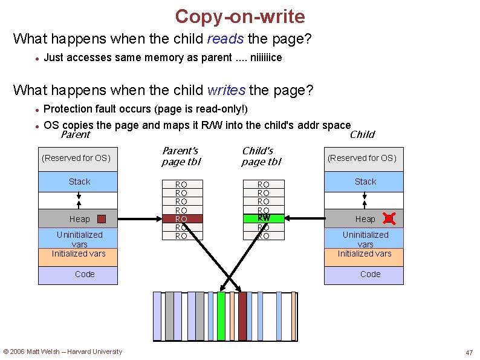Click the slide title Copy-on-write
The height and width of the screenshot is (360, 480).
click(x=240, y=16)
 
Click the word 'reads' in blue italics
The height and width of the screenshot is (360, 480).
click(x=225, y=39)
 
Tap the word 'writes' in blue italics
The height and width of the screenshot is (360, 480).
click(x=226, y=91)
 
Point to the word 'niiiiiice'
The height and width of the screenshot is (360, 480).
click(x=262, y=58)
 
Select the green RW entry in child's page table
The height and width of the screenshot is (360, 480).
click(x=263, y=218)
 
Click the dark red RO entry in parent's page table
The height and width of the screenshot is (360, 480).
click(x=181, y=218)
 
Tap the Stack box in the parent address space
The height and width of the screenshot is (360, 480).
click(x=79, y=182)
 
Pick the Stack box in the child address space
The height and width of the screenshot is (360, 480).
click(x=365, y=182)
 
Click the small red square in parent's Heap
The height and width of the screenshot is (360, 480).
click(x=102, y=219)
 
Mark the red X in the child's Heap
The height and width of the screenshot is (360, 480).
click(x=389, y=219)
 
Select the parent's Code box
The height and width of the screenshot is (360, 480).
click(x=79, y=275)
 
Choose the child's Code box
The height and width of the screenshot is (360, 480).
click(x=365, y=275)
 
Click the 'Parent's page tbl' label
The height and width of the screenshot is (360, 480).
click(x=181, y=156)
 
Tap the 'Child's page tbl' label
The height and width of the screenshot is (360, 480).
click(x=261, y=156)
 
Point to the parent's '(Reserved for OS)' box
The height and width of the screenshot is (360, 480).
click(x=76, y=159)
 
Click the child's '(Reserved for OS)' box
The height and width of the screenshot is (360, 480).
click(x=362, y=159)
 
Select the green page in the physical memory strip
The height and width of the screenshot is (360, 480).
click(x=221, y=316)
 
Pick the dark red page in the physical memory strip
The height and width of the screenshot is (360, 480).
click(x=242, y=316)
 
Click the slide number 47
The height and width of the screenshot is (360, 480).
click(x=469, y=353)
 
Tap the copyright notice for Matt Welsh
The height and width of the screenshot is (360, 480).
click(x=63, y=352)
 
